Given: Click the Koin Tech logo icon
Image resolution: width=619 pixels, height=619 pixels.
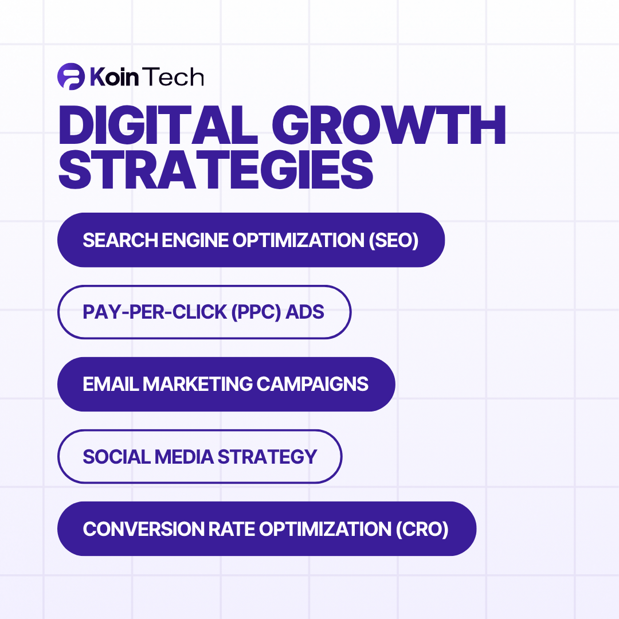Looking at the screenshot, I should point(71,76).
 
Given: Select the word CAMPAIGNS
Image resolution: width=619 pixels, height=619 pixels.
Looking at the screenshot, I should point(312,384).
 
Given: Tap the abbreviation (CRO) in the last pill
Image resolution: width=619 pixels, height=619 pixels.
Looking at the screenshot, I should point(422,529).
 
